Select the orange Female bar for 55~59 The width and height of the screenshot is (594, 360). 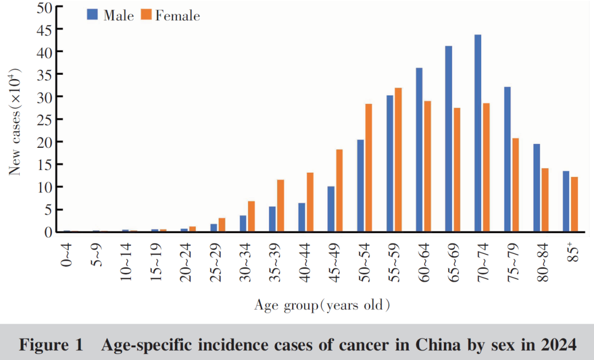pyautogui.click(x=398, y=159)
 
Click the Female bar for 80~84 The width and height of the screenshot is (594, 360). pyautogui.click(x=545, y=200)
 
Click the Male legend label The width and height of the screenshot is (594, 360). pyautogui.click(x=119, y=16)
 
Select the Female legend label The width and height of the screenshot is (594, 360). pyautogui.click(x=177, y=16)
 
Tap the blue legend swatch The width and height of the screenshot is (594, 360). pyautogui.click(x=92, y=15)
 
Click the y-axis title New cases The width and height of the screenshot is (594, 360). pyautogui.click(x=15, y=121)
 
